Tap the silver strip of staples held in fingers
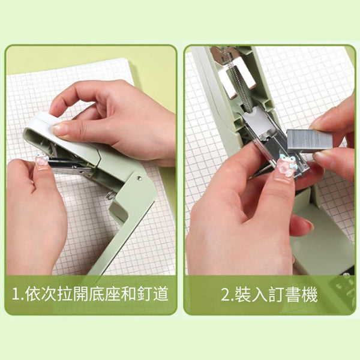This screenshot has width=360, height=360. tap(309, 140)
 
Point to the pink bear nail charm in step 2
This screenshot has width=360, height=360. tap(286, 166)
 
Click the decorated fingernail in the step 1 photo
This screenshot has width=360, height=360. tap(41, 161)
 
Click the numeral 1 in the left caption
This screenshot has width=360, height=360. tap(16, 295)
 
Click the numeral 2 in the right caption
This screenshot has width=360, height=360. tap(226, 295)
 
